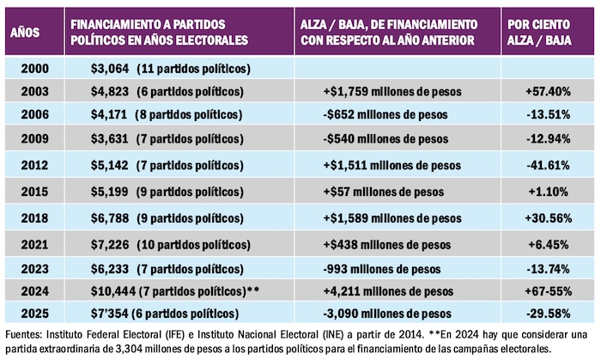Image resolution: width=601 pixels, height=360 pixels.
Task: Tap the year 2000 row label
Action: coord(33,67)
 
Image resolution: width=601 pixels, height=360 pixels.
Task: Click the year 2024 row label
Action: coord(33,290)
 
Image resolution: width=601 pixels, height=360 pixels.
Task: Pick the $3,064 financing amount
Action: coord(108,67)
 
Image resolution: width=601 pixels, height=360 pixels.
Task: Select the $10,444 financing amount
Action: coord(112,290)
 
